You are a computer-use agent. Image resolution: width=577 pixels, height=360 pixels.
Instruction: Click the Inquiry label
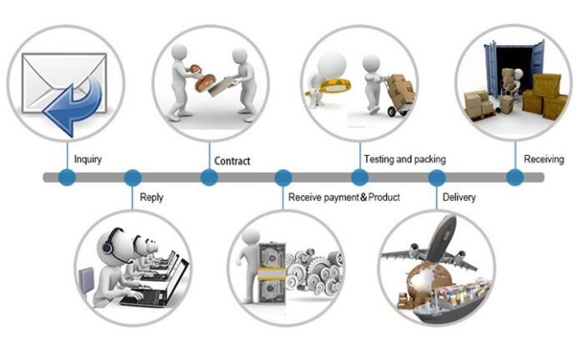click(88, 159)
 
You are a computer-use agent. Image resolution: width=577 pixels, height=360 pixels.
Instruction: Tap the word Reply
click(152, 197)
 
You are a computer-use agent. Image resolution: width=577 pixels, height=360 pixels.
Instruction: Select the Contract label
click(233, 161)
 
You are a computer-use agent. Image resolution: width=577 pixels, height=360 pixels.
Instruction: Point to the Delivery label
click(459, 197)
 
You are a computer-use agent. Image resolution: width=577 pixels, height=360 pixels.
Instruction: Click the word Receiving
click(544, 159)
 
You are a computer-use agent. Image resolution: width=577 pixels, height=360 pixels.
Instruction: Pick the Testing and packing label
click(404, 159)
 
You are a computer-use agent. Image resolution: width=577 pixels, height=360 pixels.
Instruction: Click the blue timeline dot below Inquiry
click(67, 177)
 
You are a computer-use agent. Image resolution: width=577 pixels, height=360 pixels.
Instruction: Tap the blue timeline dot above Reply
click(132, 177)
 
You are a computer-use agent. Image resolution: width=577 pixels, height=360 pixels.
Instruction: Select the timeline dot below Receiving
click(514, 177)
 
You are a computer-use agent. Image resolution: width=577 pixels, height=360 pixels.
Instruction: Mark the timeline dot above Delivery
click(436, 177)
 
